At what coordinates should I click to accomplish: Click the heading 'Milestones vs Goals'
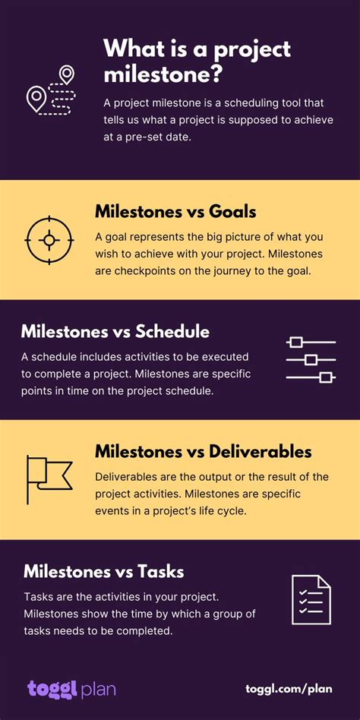point(175,212)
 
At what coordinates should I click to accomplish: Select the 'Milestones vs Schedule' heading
point(115,332)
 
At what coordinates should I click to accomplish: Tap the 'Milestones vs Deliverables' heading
point(204,451)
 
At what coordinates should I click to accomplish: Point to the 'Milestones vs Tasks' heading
point(104,572)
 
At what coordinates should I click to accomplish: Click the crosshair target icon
point(49,240)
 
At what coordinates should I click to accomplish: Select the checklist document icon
point(311,600)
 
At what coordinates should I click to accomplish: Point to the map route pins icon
point(51,90)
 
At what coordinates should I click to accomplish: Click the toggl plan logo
point(71,689)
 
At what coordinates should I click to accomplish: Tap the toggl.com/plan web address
point(289,689)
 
